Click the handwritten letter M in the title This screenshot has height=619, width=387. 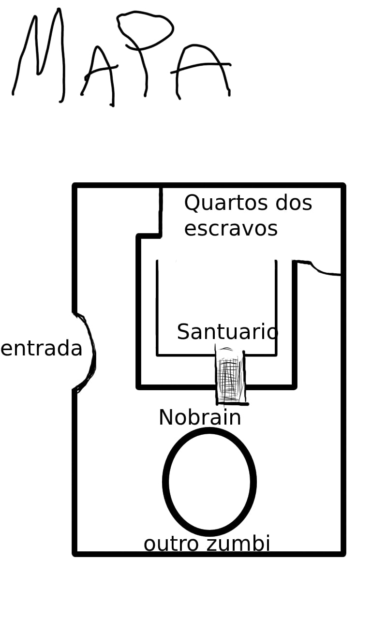pos(39,55)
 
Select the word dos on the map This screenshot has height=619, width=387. pos(294,203)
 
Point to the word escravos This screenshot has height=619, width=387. pos(231,229)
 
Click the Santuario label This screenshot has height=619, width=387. pos(227,332)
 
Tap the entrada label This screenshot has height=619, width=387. pos(42,349)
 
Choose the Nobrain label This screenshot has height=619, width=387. pos(200,417)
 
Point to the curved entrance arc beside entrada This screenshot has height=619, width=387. pos(86,353)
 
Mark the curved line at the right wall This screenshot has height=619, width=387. pos(316,267)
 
